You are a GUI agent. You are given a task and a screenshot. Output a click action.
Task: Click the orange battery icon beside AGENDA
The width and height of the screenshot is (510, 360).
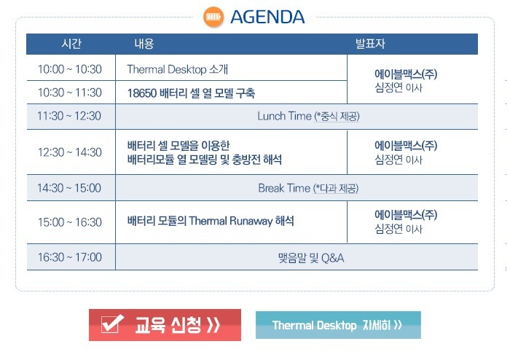pyautogui.click(x=213, y=17)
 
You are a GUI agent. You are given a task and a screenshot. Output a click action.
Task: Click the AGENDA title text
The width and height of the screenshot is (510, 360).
pyautogui.click(x=267, y=17)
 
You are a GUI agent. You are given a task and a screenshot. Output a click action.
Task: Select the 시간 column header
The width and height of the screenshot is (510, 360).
pyautogui.click(x=71, y=44)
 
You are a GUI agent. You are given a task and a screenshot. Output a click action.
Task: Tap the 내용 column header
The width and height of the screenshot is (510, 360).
pyautogui.click(x=144, y=44)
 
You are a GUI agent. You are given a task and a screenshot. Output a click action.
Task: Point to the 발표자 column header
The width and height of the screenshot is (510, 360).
pyautogui.click(x=370, y=44)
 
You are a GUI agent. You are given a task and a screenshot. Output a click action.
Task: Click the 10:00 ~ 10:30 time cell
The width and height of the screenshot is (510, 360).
pyautogui.click(x=70, y=69)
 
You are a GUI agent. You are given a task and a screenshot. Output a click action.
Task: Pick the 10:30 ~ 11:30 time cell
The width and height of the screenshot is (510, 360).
pyautogui.click(x=70, y=93)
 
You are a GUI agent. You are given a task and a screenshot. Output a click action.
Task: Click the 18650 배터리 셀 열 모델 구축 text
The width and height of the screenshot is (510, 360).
pyautogui.click(x=191, y=93)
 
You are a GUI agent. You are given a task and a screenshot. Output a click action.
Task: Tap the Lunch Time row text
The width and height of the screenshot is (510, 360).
pyautogui.click(x=308, y=116)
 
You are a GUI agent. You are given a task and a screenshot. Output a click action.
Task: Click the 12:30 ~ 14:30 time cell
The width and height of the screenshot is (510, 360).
pyautogui.click(x=70, y=152)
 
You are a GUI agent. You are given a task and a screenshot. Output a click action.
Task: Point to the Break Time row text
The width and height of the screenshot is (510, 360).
pyautogui.click(x=308, y=188)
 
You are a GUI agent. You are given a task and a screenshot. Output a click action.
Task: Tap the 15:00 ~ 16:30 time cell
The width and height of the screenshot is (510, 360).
pyautogui.click(x=70, y=222)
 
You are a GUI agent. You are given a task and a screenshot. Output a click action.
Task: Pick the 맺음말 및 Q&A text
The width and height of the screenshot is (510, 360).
pyautogui.click(x=311, y=258)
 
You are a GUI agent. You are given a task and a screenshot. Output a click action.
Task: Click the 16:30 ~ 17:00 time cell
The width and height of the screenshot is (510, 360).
pyautogui.click(x=70, y=257)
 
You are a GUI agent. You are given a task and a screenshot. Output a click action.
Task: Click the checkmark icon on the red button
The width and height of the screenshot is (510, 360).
pyautogui.click(x=111, y=324)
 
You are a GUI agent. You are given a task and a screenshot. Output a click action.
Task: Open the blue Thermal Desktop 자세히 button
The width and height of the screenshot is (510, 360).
pyautogui.click(x=338, y=325)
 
